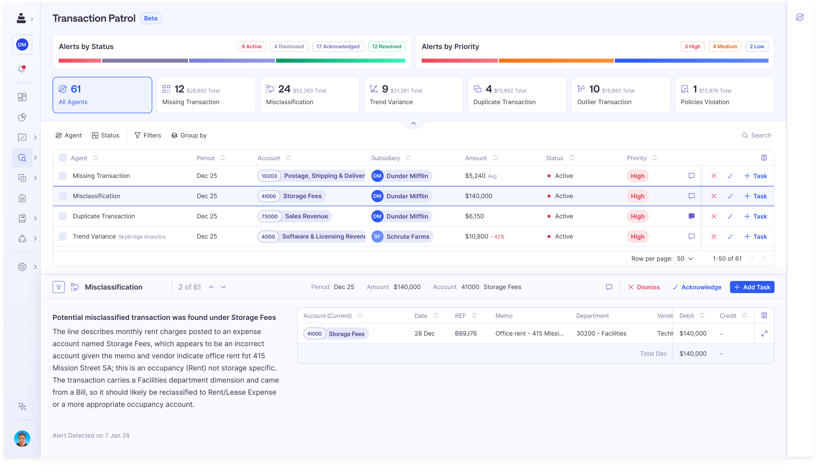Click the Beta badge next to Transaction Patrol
click(x=150, y=18)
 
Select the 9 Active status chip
click(x=251, y=46)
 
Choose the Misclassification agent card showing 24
click(x=309, y=95)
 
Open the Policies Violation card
click(x=724, y=95)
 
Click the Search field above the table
click(x=760, y=135)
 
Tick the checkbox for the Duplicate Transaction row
click(x=63, y=216)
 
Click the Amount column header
click(x=475, y=158)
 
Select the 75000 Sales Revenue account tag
click(x=294, y=216)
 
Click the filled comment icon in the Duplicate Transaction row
click(x=691, y=216)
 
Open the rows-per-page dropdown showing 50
click(x=685, y=259)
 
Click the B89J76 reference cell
click(x=466, y=334)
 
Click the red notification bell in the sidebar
click(x=22, y=69)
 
